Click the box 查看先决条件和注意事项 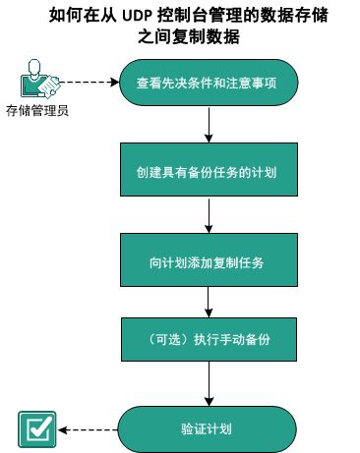(x=207, y=83)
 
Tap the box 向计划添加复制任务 (x=207, y=262)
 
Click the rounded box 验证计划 (x=207, y=429)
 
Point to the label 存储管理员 (x=36, y=110)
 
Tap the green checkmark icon (x=37, y=429)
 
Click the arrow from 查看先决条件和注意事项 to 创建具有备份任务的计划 (x=210, y=125)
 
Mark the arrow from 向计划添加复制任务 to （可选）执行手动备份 (x=210, y=303)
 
